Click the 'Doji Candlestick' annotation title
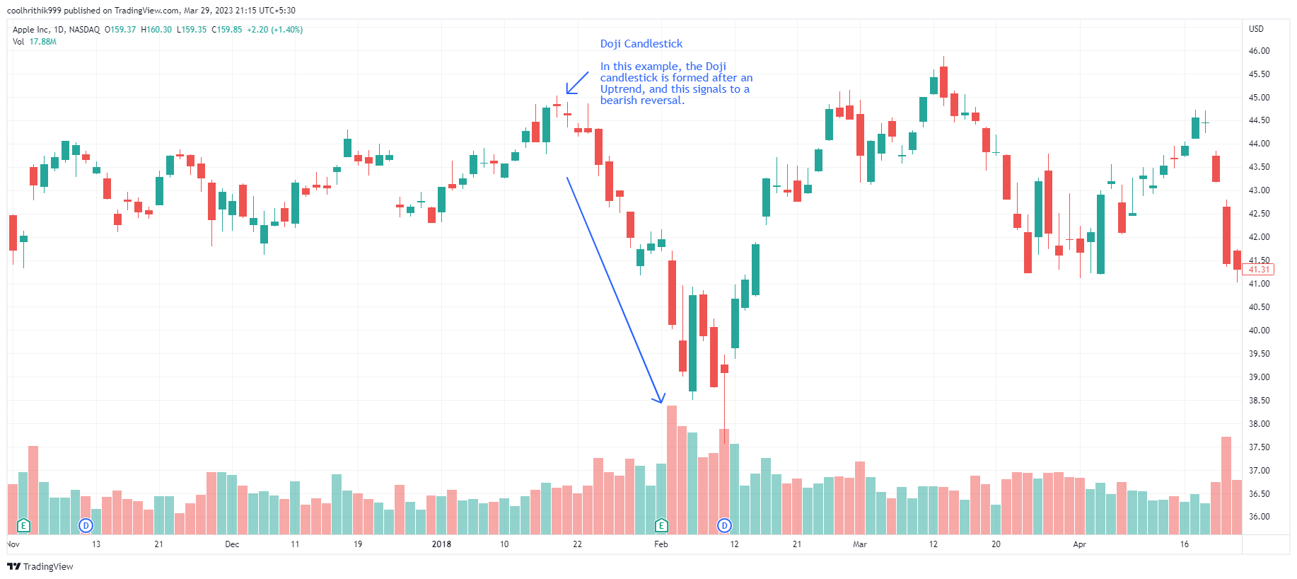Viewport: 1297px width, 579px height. [x=641, y=44]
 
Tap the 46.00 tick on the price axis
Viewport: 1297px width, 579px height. [x=1259, y=51]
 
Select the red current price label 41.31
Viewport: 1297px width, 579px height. [x=1258, y=270]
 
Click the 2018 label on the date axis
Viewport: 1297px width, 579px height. [x=441, y=544]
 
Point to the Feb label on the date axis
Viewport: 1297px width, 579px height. [x=661, y=544]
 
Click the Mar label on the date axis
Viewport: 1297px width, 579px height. [x=859, y=544]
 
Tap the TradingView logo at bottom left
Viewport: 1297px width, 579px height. [x=40, y=566]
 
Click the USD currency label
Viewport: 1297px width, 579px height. [x=1256, y=29]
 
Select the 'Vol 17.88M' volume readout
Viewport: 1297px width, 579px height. [x=35, y=42]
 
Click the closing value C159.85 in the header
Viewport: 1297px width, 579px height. [x=226, y=30]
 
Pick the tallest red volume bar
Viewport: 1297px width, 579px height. [x=672, y=467]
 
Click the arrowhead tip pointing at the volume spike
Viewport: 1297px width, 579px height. [x=661, y=402]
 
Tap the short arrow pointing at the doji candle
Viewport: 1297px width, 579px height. [x=577, y=83]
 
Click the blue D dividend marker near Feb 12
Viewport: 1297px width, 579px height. [x=724, y=525]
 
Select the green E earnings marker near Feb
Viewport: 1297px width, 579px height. [x=661, y=525]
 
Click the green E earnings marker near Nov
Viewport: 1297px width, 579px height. [x=23, y=525]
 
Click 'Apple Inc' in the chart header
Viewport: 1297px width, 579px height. [x=31, y=30]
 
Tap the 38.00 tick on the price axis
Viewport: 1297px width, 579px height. [x=1259, y=424]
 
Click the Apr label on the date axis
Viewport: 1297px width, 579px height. [x=1079, y=544]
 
